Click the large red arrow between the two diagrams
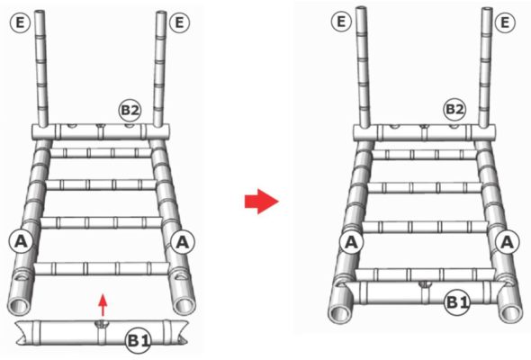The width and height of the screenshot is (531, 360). coord(261,202)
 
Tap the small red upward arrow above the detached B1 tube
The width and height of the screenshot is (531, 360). coord(103,305)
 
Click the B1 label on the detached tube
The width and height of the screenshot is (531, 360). coord(139,341)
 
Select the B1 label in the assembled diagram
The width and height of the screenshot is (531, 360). coord(457,302)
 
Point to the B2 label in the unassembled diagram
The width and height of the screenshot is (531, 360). coord(130,110)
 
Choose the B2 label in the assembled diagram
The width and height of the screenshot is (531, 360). coord(454,110)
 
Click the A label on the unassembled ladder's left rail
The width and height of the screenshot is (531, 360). coord(21,242)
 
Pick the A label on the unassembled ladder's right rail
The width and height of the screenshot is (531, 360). coord(183,242)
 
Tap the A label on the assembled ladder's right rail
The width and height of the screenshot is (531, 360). coord(507,242)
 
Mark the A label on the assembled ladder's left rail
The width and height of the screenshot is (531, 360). coord(352,242)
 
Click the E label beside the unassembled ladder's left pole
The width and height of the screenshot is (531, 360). coord(20,22)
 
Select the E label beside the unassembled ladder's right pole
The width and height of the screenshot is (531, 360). coord(179,22)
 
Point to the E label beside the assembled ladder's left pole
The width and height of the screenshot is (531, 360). coord(341,22)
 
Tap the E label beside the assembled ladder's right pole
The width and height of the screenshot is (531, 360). coord(505,22)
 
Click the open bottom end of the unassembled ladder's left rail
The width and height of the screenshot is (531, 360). coord(19,305)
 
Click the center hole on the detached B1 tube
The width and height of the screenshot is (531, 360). coord(100,323)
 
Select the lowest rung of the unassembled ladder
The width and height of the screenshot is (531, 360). coord(102,268)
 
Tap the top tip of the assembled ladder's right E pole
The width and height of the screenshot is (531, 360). coord(487,9)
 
